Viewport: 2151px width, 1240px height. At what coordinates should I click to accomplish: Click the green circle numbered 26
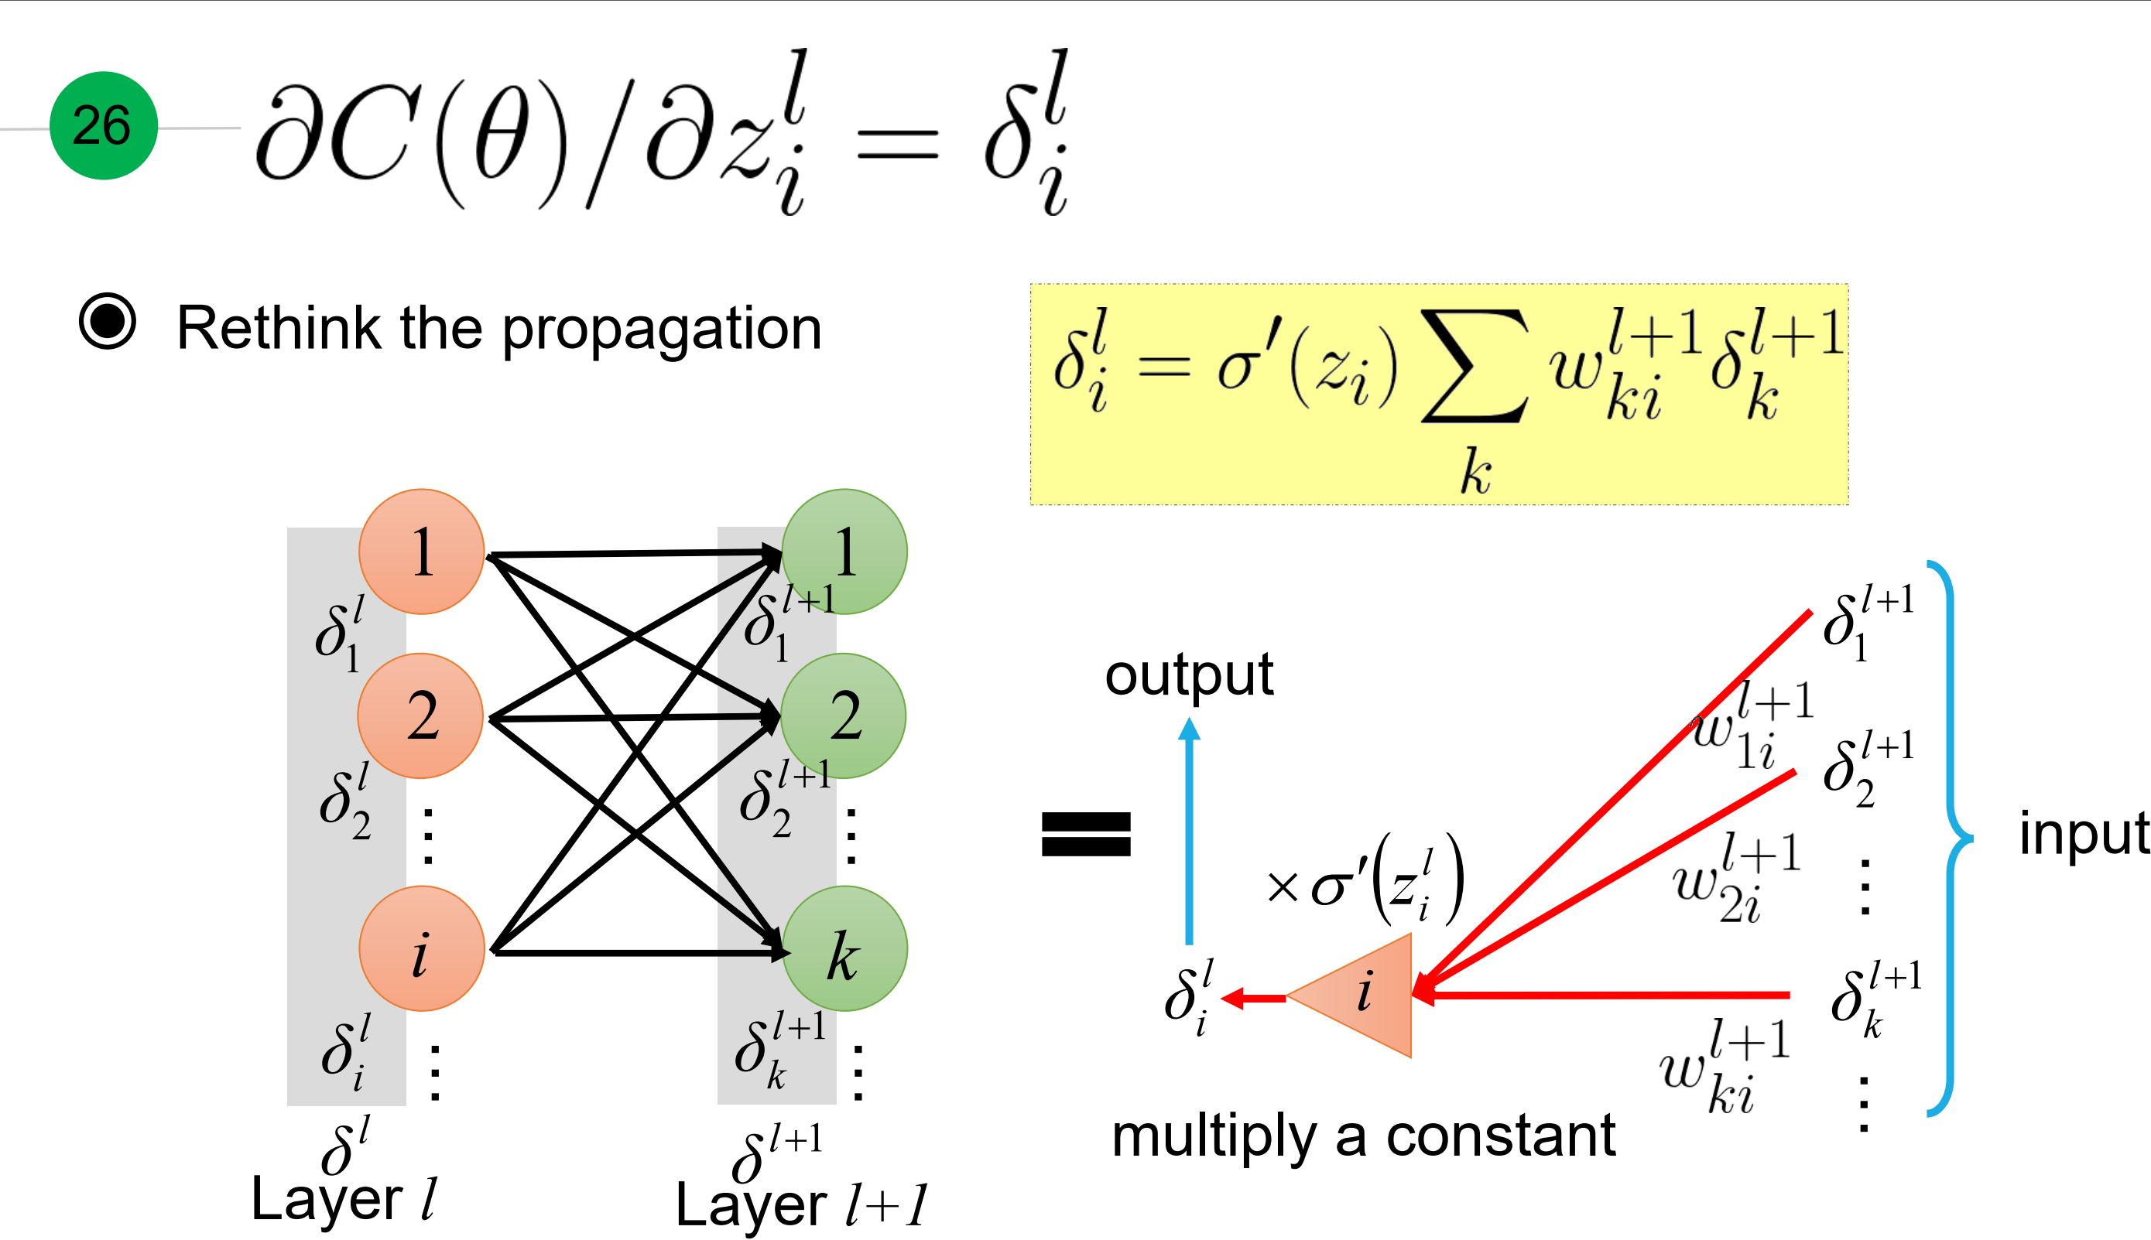point(103,125)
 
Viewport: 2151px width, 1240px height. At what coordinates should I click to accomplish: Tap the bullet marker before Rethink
point(108,322)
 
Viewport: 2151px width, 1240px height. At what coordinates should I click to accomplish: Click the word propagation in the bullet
point(661,330)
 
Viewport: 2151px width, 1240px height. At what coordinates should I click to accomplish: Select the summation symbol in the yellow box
point(1474,366)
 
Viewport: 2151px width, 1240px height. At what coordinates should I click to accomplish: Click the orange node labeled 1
point(422,551)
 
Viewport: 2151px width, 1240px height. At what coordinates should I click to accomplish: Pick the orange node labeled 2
point(421,716)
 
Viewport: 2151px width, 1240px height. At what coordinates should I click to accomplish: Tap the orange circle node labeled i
point(422,948)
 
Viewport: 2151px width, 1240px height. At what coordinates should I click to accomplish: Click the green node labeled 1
point(844,551)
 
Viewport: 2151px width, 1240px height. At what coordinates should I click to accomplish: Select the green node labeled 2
point(844,716)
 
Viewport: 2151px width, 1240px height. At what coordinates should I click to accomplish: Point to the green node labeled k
point(844,948)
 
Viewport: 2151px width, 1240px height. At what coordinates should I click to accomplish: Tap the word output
point(1188,675)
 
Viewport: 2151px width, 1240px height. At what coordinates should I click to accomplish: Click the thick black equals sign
point(1086,834)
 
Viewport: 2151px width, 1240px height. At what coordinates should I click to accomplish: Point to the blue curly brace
point(1951,838)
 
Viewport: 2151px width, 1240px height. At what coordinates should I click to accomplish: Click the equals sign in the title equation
point(896,145)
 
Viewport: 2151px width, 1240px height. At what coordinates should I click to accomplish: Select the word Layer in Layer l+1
point(751,1205)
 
